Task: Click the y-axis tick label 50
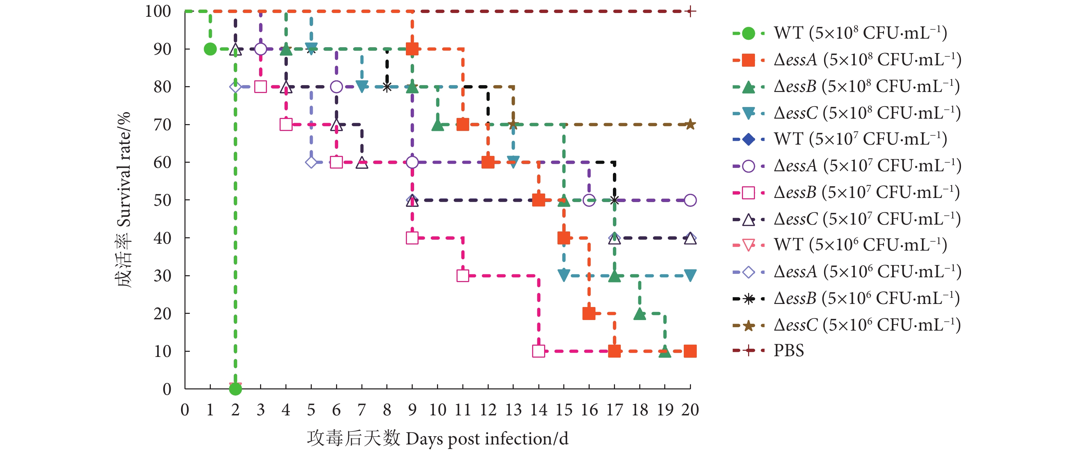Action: tap(162, 200)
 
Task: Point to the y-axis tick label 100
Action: tap(158, 11)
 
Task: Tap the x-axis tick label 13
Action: tap(513, 410)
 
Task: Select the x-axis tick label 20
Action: tap(690, 410)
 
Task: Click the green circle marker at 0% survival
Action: tap(235, 389)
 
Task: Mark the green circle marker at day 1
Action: tap(210, 49)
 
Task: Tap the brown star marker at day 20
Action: tap(690, 124)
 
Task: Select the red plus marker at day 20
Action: tap(690, 11)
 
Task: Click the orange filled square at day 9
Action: tap(412, 49)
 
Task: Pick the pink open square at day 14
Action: tap(539, 351)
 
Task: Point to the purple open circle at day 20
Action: tap(690, 200)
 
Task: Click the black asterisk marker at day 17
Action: tap(614, 200)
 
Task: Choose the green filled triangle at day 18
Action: tap(639, 314)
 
